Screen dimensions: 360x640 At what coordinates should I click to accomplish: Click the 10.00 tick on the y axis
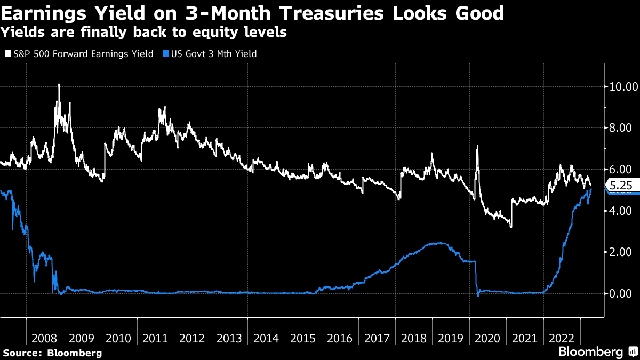pos(623,86)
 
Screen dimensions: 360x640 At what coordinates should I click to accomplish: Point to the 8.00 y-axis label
pos(623,128)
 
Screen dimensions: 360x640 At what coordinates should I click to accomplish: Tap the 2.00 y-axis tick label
pos(623,252)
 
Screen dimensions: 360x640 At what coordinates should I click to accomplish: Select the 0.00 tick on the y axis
pos(623,293)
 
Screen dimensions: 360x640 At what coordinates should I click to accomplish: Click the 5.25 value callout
pos(620,186)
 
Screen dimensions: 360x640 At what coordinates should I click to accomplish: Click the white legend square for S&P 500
pos(7,54)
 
